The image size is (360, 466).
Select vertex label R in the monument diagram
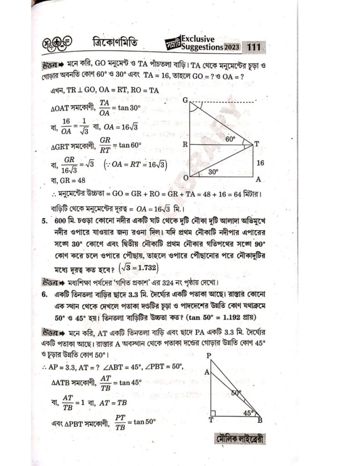coord(185,144)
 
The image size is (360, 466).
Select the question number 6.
coord(44,295)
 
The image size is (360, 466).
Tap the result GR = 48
coord(68,181)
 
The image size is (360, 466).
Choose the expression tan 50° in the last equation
coord(144,422)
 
